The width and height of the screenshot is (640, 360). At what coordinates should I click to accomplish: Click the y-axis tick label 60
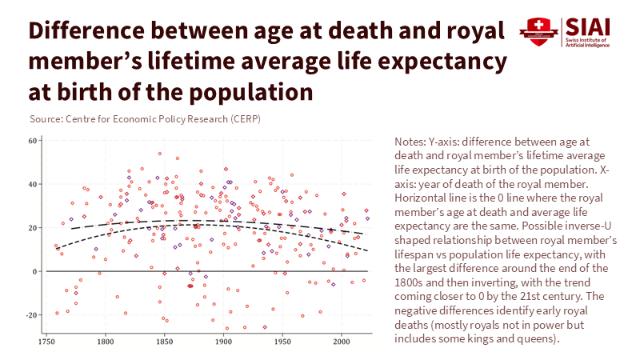click(34, 141)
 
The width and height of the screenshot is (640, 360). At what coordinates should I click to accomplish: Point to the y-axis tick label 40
click(34, 185)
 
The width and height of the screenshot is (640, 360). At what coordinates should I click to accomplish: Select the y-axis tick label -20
click(33, 315)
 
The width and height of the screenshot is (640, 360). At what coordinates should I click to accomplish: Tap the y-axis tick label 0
click(37, 272)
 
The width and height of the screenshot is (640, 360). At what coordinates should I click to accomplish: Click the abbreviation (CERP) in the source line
click(243, 119)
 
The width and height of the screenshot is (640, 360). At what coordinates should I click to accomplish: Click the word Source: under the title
click(46, 119)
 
